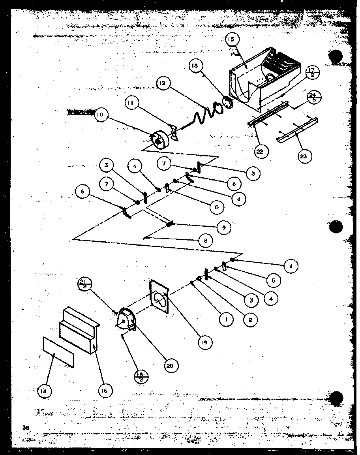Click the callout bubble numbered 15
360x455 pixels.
(x=232, y=40)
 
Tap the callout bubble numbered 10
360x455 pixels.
(x=101, y=115)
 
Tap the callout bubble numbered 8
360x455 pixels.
(x=206, y=241)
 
